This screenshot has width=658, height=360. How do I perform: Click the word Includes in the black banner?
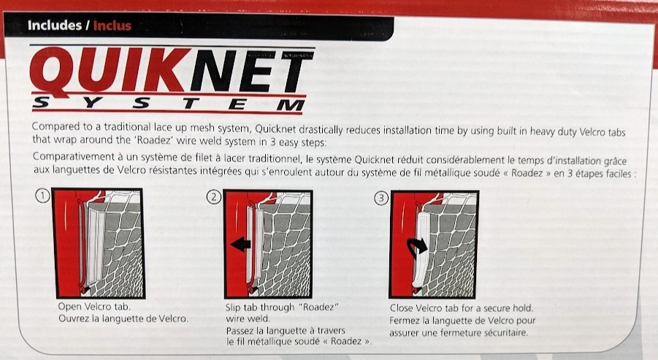point(55,25)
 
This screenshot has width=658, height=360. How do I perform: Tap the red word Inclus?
point(112,26)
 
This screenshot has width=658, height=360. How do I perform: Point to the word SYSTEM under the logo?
point(169,103)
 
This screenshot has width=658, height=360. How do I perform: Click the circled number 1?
point(43,196)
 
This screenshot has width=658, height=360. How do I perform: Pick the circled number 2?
point(214,196)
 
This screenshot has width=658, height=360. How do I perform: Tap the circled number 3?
point(381,198)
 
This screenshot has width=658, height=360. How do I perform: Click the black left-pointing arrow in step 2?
point(240,244)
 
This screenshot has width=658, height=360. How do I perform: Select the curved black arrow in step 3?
point(416,248)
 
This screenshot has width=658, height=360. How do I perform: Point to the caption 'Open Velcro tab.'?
point(94,307)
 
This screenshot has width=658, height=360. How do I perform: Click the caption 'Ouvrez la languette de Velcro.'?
point(123,318)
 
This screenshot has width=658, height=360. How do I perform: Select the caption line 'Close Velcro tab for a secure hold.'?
point(462,308)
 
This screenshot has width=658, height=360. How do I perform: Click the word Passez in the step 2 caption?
point(240,331)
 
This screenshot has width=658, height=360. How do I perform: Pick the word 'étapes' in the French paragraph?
point(590,173)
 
